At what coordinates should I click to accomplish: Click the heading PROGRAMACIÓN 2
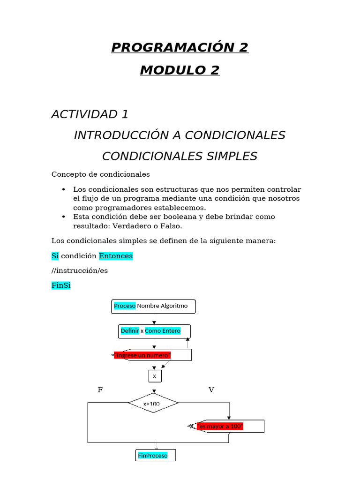(x=180, y=47)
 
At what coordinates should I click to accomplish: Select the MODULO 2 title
(x=180, y=70)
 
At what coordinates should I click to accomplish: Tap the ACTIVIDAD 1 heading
(x=90, y=114)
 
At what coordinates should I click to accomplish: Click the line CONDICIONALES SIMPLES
(x=180, y=156)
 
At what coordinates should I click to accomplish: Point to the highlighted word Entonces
(x=116, y=256)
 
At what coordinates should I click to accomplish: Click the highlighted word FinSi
(x=61, y=285)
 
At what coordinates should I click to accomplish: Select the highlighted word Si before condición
(x=55, y=256)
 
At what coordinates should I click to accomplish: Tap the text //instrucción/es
(x=79, y=271)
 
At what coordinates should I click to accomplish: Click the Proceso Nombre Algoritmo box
(x=154, y=306)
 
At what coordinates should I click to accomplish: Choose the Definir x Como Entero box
(x=155, y=331)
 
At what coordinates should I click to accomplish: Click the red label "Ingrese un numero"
(x=142, y=355)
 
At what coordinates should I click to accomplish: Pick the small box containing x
(x=154, y=376)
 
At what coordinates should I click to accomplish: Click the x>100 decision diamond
(x=153, y=403)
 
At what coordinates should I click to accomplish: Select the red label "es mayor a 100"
(x=220, y=426)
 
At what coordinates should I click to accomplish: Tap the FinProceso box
(x=155, y=456)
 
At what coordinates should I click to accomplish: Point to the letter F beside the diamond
(x=100, y=390)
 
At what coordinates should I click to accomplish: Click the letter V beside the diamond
(x=211, y=390)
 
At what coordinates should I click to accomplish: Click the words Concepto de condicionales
(x=100, y=174)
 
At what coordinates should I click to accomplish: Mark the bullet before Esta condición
(x=64, y=217)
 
